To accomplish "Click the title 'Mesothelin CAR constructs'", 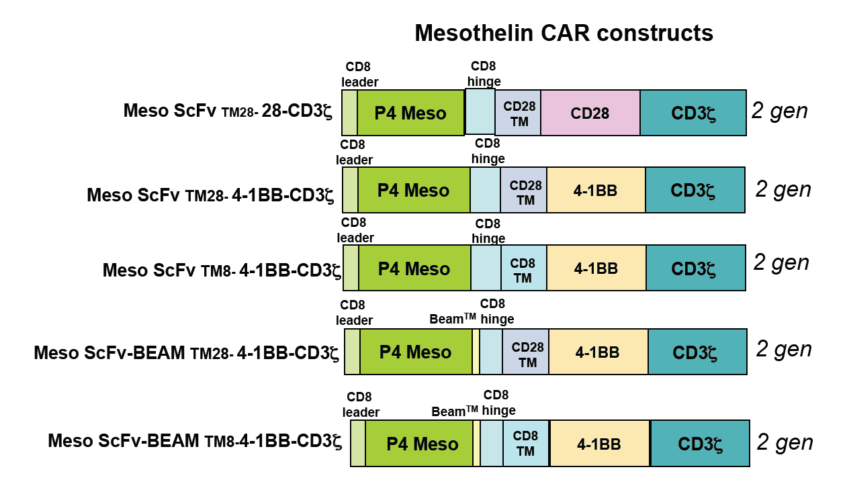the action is (x=564, y=33).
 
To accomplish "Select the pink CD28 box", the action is (x=590, y=113).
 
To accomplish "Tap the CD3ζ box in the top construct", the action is (x=693, y=113).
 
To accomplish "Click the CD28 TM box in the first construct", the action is (x=518, y=113).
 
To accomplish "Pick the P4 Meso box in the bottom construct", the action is (x=419, y=444).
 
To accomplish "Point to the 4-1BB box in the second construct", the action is (x=596, y=190).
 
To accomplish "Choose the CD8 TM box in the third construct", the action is (x=524, y=268).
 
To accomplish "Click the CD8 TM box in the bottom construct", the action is (x=526, y=444).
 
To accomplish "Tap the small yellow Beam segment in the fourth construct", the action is (x=476, y=352).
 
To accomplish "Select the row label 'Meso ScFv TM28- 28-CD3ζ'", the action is (x=228, y=111).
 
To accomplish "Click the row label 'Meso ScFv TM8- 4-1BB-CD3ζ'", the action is (x=222, y=270).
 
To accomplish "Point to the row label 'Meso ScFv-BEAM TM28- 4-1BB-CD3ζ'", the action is (x=186, y=353).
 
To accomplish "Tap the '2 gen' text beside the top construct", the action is (x=779, y=111).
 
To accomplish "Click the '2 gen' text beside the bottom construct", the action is (x=785, y=442).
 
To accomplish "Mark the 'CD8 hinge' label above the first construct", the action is (x=484, y=74).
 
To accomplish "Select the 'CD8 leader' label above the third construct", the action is (x=355, y=230).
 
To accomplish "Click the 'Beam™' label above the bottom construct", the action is (x=455, y=411).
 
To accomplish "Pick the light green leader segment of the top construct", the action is (x=350, y=113).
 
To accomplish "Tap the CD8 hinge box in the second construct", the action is (x=486, y=190).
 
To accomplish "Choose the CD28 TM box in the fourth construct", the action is (x=526, y=352).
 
